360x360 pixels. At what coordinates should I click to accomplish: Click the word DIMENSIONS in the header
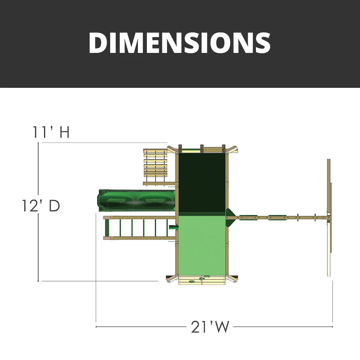click(x=180, y=43)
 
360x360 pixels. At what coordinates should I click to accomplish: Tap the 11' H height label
click(x=51, y=132)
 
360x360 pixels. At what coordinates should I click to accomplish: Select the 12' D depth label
click(x=40, y=206)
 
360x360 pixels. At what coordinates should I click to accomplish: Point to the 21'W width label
click(x=210, y=327)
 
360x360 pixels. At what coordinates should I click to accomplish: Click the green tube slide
click(x=137, y=200)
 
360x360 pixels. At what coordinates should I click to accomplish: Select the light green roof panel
click(x=202, y=245)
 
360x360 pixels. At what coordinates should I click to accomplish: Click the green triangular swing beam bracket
click(x=229, y=217)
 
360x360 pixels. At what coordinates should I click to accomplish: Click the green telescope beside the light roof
click(x=174, y=227)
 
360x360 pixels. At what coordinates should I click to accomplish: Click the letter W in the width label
click(x=221, y=327)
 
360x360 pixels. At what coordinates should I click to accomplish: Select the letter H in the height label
click(x=64, y=132)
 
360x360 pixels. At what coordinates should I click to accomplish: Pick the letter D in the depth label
click(x=54, y=206)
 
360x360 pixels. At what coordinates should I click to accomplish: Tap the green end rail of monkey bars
click(x=107, y=228)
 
